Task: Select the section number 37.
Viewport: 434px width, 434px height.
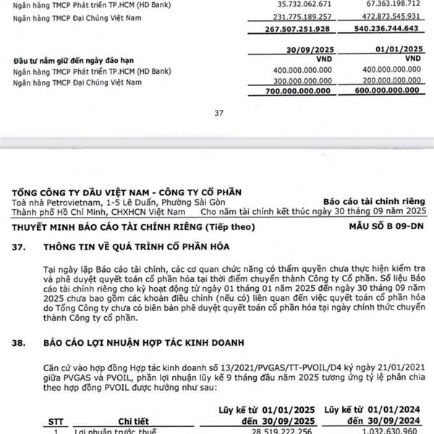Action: (20, 247)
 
